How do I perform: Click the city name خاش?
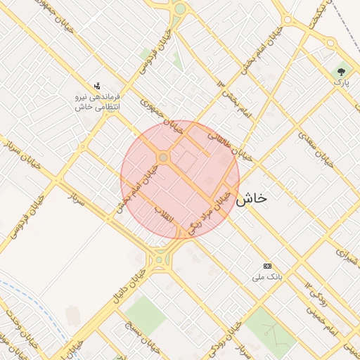tap(251, 199)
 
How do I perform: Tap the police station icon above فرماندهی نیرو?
tap(97, 85)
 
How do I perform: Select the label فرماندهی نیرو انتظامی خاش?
tap(98, 101)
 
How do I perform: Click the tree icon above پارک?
tap(342, 71)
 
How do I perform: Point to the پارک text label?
tap(341, 83)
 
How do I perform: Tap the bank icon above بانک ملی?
tap(267, 266)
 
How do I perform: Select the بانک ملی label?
tap(267, 277)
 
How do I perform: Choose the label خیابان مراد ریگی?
tap(213, 210)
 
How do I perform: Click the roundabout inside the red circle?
tap(163, 158)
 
